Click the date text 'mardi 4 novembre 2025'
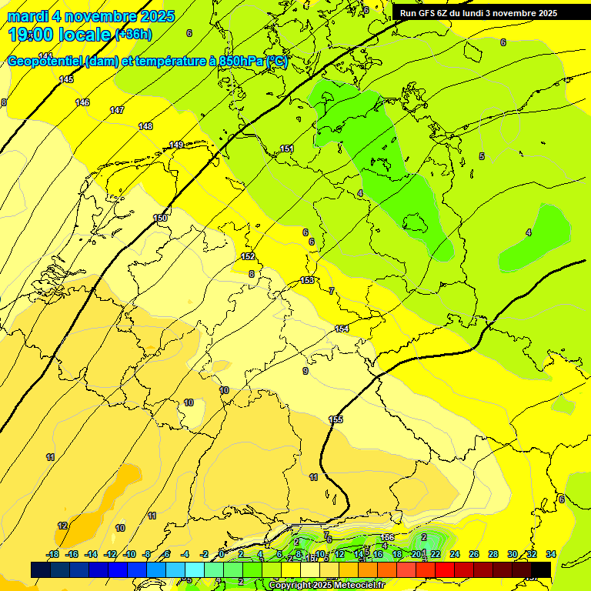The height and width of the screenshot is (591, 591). point(91,16)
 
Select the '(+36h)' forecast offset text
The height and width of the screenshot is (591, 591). point(133,35)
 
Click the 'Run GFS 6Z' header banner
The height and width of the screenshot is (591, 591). point(478,13)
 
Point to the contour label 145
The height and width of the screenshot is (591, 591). point(67,79)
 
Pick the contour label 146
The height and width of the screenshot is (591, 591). point(82,102)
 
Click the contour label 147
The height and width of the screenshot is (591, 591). point(117,110)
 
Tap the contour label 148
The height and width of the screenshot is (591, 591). point(145,126)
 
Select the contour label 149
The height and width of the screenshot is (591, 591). point(176,145)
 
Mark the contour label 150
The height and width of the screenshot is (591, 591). point(160,218)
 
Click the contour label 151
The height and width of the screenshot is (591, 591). point(287,149)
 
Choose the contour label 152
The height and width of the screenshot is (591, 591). point(248,256)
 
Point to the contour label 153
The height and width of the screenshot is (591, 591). point(307,280)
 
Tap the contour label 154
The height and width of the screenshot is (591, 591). point(342,329)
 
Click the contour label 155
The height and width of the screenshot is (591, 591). point(336,419)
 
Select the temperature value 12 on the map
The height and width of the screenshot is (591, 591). point(62,526)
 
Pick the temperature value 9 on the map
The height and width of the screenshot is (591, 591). point(306,371)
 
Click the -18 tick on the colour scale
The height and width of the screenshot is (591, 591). point(52,554)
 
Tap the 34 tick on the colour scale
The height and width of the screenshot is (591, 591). point(550,554)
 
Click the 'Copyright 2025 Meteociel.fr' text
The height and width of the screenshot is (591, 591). point(326,586)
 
